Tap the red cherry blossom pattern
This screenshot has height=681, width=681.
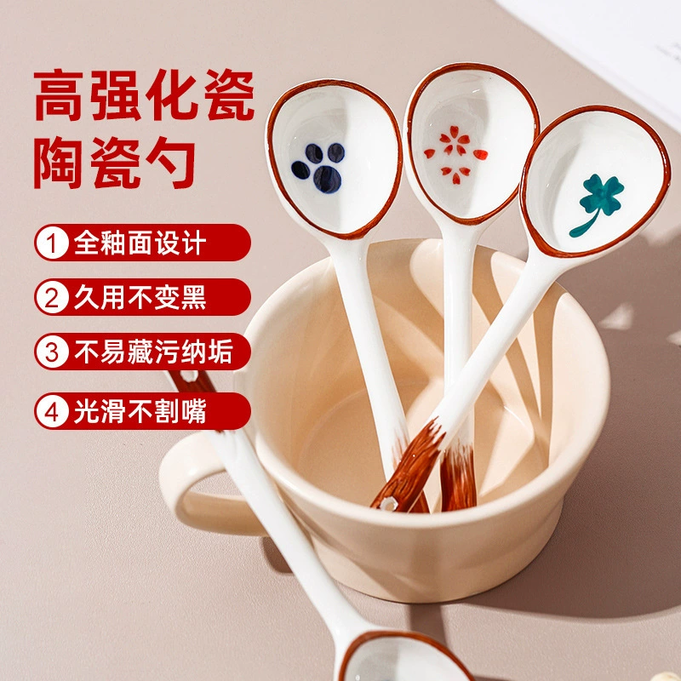[455, 154]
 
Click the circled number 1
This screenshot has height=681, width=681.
[52, 243]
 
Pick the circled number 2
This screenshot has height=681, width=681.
[52, 297]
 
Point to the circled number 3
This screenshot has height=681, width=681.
[52, 352]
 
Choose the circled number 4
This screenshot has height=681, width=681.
[52, 411]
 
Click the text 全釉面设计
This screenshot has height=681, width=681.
[140, 243]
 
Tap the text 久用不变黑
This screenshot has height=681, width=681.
[140, 297]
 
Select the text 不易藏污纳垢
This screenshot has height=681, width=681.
[154, 352]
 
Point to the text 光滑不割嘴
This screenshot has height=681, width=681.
[140, 411]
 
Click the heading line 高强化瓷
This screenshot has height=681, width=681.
[144, 95]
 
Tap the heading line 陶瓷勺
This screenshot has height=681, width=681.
[115, 163]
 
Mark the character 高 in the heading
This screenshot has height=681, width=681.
[59, 95]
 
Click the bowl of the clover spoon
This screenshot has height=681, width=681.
[595, 181]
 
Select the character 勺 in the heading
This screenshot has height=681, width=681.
[171, 163]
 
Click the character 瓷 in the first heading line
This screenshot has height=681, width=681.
[230, 95]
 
